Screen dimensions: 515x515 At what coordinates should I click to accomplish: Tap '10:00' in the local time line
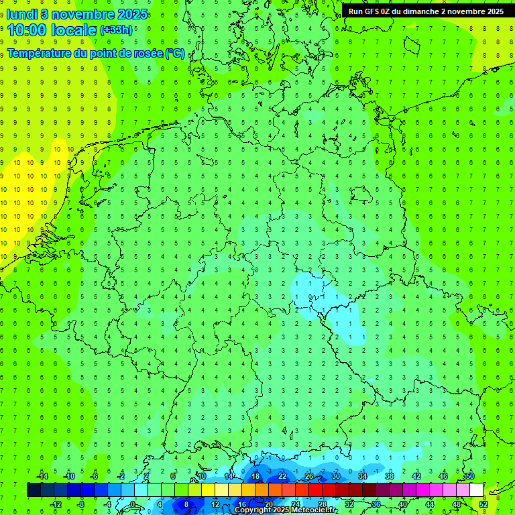click(x=27, y=30)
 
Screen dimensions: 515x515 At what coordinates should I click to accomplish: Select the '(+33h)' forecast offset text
click(x=115, y=30)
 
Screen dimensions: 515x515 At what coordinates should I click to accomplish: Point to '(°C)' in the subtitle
click(x=176, y=53)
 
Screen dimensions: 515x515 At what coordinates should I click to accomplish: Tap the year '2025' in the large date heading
click(x=131, y=15)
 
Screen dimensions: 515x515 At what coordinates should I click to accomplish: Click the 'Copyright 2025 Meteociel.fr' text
click(x=286, y=510)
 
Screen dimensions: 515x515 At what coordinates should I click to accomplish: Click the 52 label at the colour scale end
click(x=483, y=504)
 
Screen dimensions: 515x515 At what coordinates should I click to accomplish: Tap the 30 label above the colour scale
click(x=336, y=476)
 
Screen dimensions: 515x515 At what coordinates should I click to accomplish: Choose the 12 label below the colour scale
click(x=215, y=504)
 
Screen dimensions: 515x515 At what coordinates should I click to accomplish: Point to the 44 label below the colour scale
click(x=430, y=504)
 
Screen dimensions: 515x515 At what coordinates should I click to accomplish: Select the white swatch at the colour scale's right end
click(x=476, y=490)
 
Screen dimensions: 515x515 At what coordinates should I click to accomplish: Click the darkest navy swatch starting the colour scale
click(x=34, y=490)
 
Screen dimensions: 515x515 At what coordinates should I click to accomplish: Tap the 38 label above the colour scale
click(x=390, y=476)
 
